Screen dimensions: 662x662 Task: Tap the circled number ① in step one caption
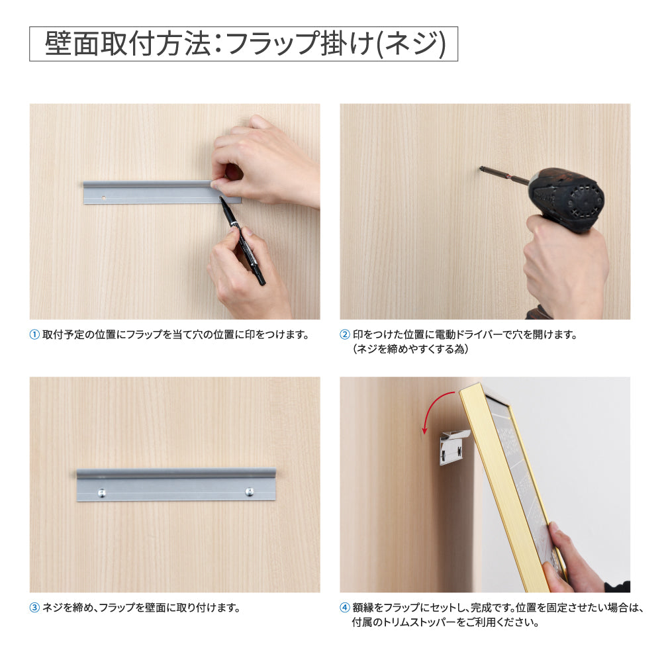[x=35, y=334]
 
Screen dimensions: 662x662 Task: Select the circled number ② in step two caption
[x=345, y=334]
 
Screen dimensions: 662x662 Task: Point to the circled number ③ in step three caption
[x=35, y=607]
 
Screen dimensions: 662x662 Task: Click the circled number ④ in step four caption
[x=345, y=607]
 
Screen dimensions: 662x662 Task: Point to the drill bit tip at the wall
[x=483, y=169]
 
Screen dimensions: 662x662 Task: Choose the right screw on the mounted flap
[x=250, y=491]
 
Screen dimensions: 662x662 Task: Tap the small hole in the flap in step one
[x=104, y=197]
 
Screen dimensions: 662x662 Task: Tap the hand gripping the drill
[x=563, y=265]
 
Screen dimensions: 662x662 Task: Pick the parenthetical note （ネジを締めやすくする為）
[x=410, y=350]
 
